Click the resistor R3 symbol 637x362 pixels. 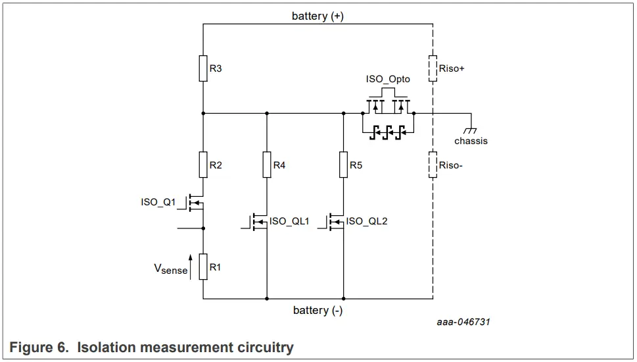pos(203,68)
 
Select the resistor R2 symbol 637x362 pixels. pos(203,165)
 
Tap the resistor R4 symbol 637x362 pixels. pos(267,165)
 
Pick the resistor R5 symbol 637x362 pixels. pos(343,165)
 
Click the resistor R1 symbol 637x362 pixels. pos(203,267)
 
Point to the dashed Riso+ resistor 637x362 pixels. pos(433,68)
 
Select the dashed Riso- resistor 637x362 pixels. pos(433,165)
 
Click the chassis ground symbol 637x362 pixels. pos(471,130)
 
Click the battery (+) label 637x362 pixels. pos(318,16)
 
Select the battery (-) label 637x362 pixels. pos(318,310)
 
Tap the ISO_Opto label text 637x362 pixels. pos(388,79)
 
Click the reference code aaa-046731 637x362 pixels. pos(463,322)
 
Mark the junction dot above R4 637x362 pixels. pos(267,113)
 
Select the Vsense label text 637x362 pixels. pos(170,269)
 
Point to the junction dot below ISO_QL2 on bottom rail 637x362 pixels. pos(343,298)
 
